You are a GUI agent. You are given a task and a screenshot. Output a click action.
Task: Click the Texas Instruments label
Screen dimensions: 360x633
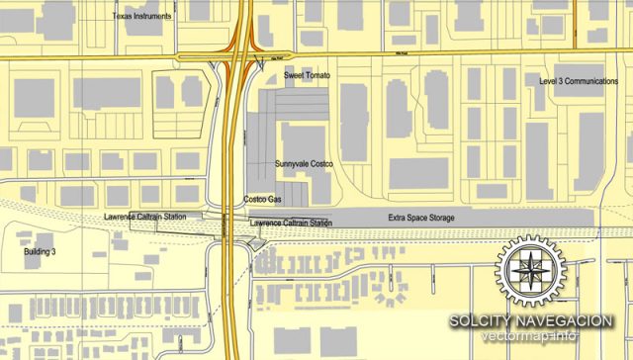coord(142,17)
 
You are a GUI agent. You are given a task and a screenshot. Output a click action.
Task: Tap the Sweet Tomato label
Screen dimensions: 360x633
coord(307,76)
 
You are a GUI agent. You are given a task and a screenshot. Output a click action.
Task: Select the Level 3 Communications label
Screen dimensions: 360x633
coord(580,81)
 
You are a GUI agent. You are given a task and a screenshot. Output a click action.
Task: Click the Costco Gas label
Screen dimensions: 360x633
coord(263,199)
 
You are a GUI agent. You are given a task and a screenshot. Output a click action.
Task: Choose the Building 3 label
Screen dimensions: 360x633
coord(41,253)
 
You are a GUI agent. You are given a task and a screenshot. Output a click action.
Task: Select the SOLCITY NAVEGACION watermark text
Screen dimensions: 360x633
coord(530,321)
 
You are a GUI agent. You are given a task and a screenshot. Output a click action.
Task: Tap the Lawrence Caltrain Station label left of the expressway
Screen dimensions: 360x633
coord(144,216)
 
